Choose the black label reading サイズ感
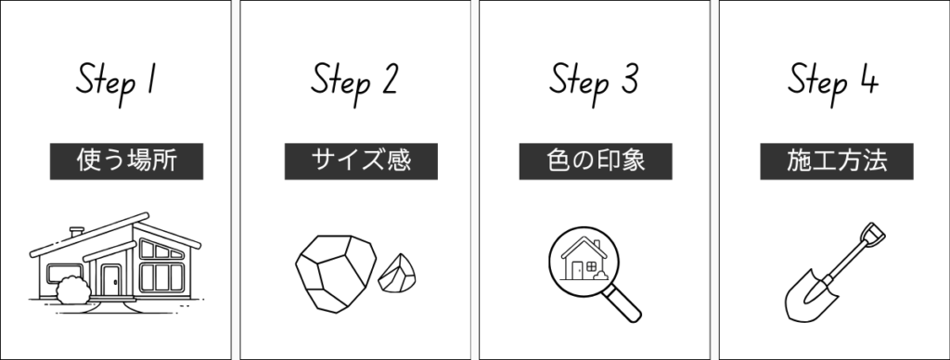tap(348, 161)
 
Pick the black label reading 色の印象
tap(595, 161)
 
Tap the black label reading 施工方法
tap(838, 161)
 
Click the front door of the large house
tap(111, 279)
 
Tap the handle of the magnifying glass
tap(627, 302)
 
